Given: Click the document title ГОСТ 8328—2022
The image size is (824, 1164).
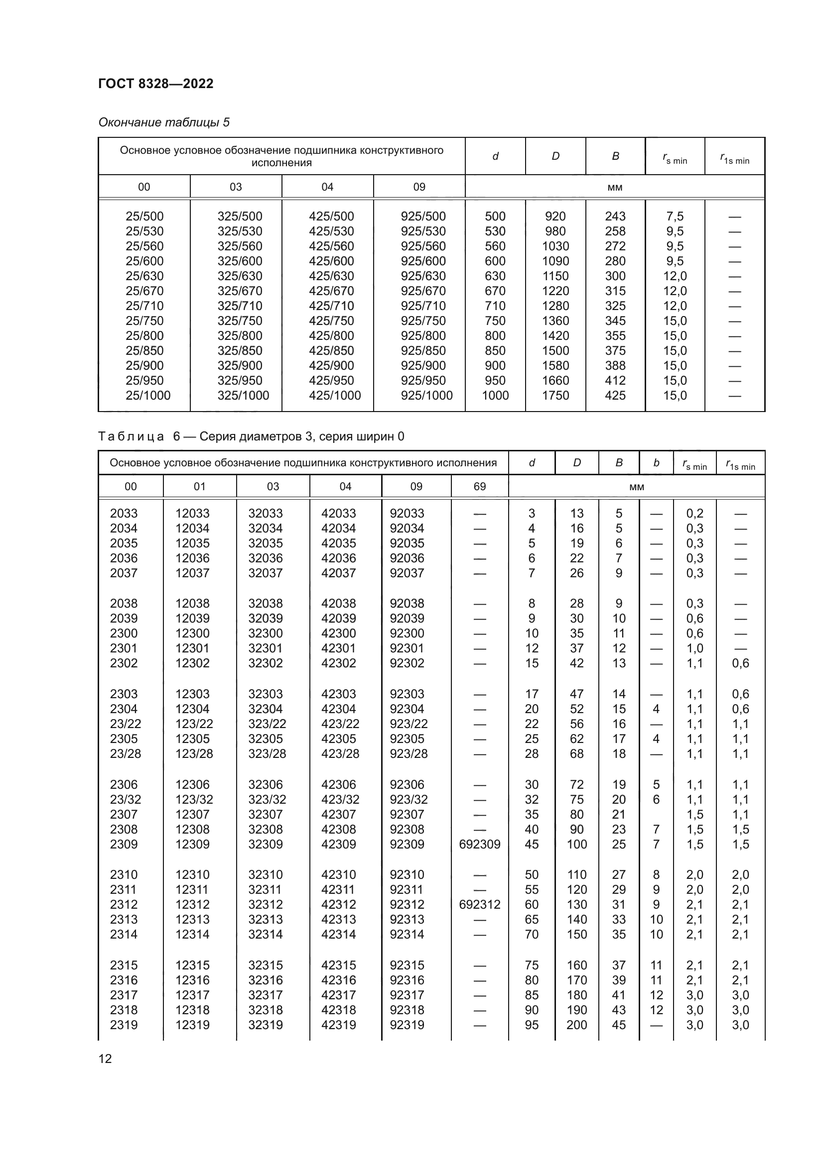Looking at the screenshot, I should [x=156, y=84].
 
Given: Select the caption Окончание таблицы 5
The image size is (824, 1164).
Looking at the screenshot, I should [x=164, y=122].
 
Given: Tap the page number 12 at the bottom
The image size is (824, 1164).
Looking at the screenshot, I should [x=105, y=1058].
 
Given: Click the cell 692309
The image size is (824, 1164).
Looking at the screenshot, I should [x=479, y=844].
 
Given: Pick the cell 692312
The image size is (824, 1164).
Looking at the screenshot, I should [x=479, y=904].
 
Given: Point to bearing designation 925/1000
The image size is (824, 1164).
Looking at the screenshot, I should [x=426, y=396].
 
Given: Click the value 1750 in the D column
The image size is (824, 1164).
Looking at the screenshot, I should [x=555, y=396].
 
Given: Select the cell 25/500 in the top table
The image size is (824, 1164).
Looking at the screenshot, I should [x=144, y=216].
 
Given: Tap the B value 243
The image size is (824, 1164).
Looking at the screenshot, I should [x=615, y=216].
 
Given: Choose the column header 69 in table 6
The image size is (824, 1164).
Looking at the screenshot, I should [x=479, y=487].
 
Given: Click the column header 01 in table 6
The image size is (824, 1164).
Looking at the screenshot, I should [x=199, y=487].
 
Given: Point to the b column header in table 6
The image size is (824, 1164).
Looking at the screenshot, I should [x=656, y=463].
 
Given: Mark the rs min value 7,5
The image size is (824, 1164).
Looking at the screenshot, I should [x=675, y=216].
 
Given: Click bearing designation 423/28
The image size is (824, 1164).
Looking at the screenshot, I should [x=340, y=754].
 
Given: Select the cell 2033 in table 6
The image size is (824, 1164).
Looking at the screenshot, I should [x=124, y=514].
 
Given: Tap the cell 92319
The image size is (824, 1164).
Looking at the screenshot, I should [x=407, y=1025].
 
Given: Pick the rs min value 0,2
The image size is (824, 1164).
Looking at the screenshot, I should [x=694, y=514].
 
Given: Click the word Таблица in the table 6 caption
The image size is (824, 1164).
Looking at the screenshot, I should [x=131, y=436].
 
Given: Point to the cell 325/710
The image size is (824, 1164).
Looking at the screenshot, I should [x=240, y=306].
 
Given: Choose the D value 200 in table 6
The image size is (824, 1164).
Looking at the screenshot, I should [x=576, y=1025].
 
